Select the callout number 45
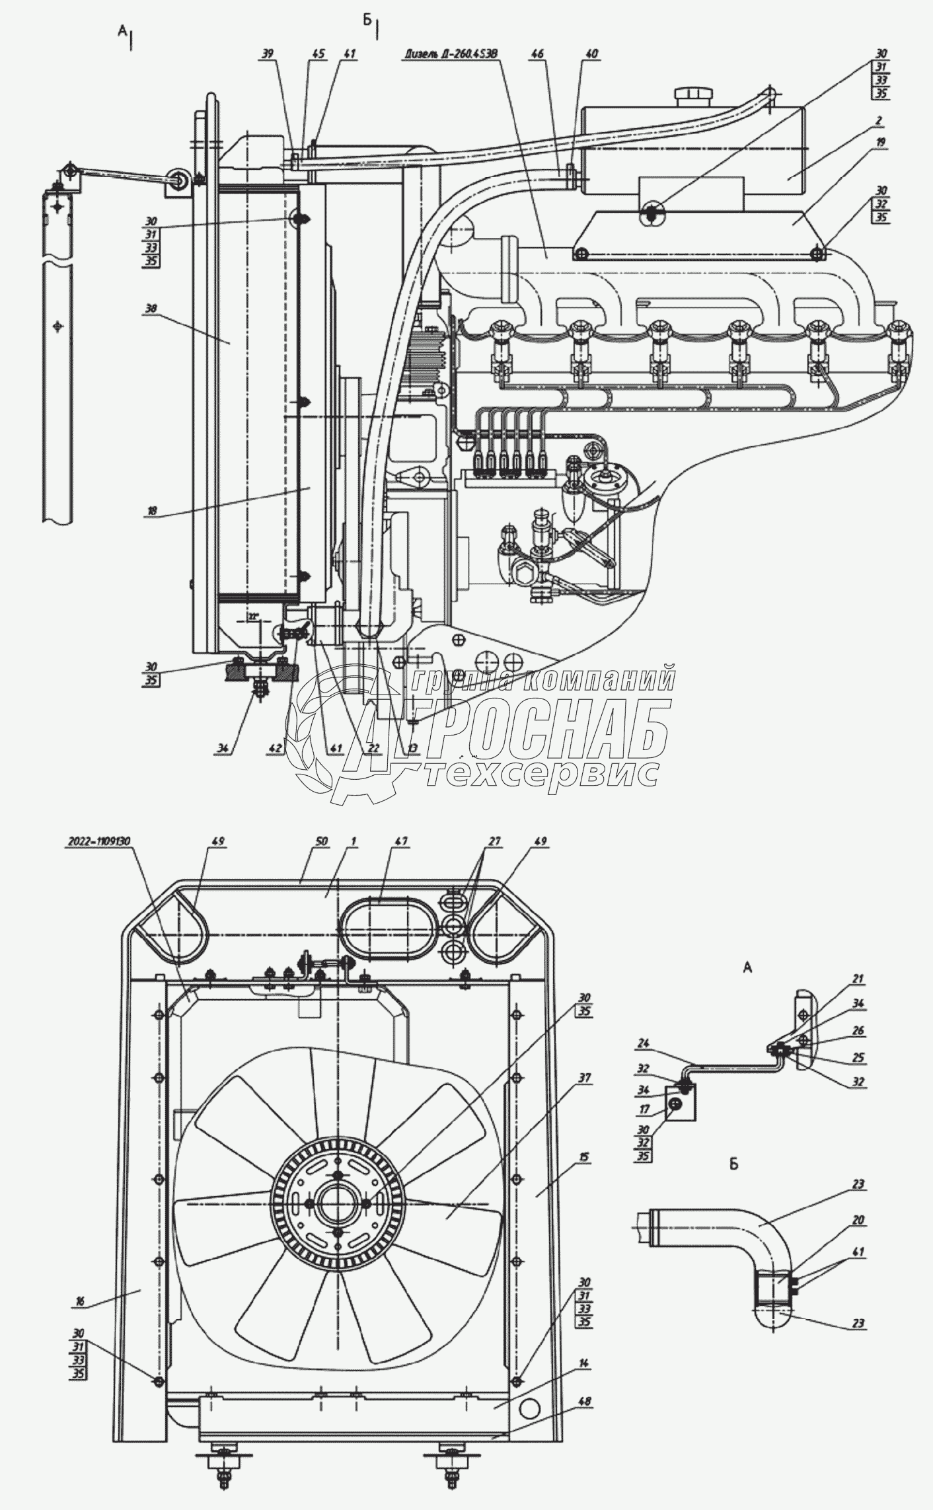coord(318,55)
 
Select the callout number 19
coord(881,142)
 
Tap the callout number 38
coord(151,308)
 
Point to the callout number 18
coord(151,510)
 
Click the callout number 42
coord(275,748)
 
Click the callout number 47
coord(400,841)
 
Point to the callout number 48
coord(585,1415)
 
